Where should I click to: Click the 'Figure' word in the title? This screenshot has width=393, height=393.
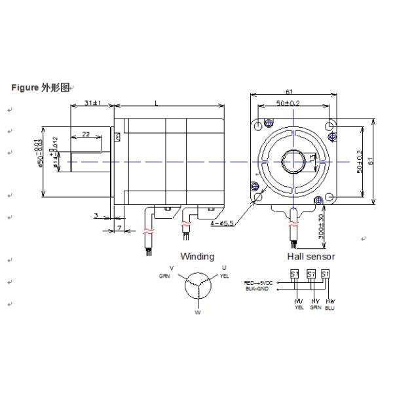click(26, 87)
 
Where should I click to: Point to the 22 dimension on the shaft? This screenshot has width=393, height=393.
click(85, 134)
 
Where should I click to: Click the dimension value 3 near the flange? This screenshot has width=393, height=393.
click(96, 215)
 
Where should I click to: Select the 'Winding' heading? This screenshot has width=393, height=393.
click(197, 256)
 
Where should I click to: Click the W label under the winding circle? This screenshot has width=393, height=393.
click(197, 312)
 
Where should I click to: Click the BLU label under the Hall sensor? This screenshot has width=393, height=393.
click(329, 307)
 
